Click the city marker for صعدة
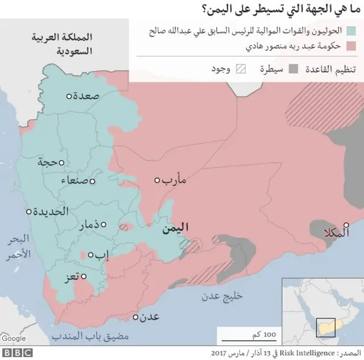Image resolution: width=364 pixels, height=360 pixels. (69, 97)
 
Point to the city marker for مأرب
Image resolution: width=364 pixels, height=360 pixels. (158, 180)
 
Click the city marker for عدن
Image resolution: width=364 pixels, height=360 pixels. (135, 317)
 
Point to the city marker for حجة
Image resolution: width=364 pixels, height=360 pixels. (61, 163)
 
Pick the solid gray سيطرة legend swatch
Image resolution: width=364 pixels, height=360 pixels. (292, 69)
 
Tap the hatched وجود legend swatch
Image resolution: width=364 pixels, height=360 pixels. (241, 69)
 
